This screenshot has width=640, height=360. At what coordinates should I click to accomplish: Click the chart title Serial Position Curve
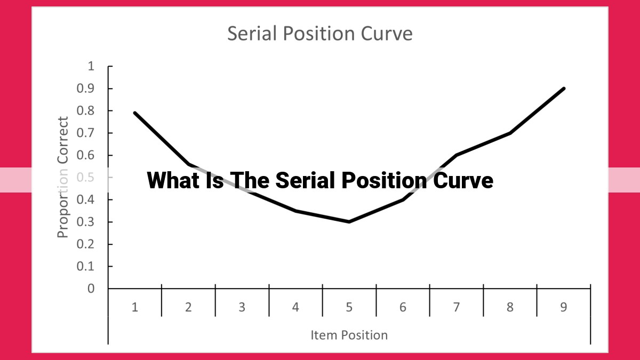coord(319,34)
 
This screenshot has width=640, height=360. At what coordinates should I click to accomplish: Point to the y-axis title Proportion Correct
coord(62,177)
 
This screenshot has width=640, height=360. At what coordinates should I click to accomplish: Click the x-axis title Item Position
coord(349,335)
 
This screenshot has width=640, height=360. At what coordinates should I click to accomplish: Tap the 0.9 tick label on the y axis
coord(85,89)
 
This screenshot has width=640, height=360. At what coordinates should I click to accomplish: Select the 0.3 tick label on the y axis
coord(85,222)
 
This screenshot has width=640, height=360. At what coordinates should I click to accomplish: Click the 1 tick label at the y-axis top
coord(91,66)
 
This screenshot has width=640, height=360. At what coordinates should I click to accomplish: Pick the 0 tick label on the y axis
coord(91,289)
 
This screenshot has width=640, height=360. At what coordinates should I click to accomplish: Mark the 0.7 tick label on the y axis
coord(85,133)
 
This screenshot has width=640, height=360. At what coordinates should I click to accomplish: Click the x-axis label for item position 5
coord(349,307)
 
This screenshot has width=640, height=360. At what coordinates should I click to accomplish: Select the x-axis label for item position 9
coord(563,307)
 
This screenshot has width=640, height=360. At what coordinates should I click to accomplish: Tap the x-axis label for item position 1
coord(135,307)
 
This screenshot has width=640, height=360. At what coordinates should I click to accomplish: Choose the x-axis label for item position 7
coord(457,307)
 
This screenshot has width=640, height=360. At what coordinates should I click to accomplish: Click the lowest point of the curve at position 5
coord(349,222)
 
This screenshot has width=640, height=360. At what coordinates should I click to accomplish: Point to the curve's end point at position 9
coord(564,89)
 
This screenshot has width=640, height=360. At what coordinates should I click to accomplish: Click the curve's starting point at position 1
coord(135,113)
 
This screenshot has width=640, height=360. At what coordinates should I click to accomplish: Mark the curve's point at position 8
coord(510,133)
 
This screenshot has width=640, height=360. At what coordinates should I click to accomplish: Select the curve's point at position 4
coord(295,211)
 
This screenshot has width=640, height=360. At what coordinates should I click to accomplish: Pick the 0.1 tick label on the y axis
coord(85,266)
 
